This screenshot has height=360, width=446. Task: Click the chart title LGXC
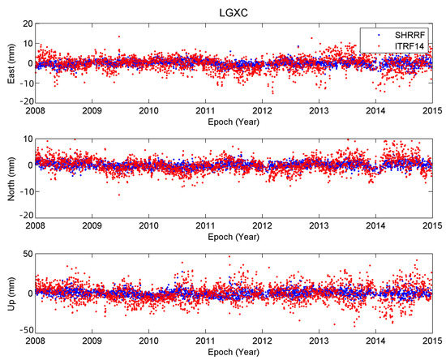click(x=234, y=11)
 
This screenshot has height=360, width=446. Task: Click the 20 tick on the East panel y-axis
click(x=27, y=23)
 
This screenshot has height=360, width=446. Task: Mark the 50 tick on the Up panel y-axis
click(x=27, y=255)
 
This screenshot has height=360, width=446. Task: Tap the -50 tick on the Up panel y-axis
click(x=24, y=331)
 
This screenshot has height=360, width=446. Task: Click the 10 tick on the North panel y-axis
click(x=27, y=139)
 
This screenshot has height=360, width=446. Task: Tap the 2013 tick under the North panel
click(x=319, y=226)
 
